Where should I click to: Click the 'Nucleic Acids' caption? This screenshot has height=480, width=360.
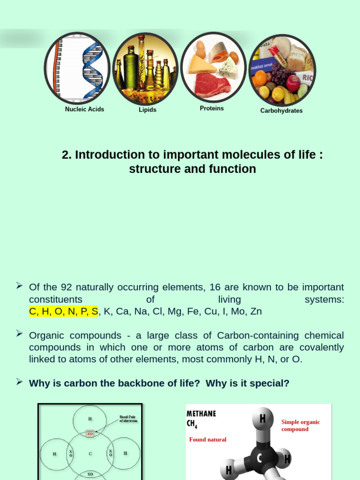click(84, 109)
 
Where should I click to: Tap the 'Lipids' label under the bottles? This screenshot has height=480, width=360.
click(147, 110)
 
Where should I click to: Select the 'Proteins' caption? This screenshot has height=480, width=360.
click(212, 108)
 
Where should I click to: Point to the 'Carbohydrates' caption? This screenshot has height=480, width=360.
click(281, 111)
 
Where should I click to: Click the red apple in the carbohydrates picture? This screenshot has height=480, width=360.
click(293, 83)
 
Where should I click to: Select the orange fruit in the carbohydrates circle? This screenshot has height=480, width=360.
click(260, 77)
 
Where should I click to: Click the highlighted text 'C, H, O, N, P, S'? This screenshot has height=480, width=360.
click(63, 311)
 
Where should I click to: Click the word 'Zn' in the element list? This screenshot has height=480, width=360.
click(256, 311)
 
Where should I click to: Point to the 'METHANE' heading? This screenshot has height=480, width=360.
click(202, 413)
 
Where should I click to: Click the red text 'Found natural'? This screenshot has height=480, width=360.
click(208, 440)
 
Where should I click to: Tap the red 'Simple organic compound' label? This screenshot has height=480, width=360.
click(300, 425)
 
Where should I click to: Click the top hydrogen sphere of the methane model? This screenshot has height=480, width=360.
click(262, 419)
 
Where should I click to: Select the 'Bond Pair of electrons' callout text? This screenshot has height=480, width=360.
click(128, 419)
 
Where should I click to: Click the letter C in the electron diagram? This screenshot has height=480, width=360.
click(90, 453)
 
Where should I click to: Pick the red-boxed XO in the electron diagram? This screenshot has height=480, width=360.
click(90, 434)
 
